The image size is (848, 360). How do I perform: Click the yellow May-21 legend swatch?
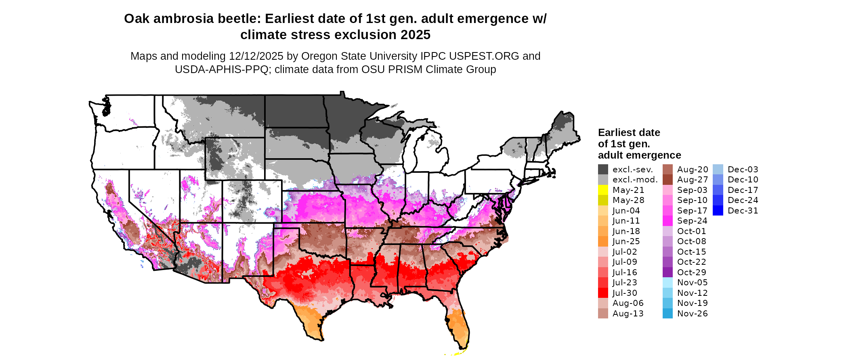pyautogui.click(x=603, y=190)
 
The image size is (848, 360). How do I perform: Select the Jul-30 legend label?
pyautogui.click(x=625, y=293)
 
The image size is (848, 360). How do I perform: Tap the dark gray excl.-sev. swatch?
pyautogui.click(x=603, y=170)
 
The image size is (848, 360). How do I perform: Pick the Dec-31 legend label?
pyautogui.click(x=743, y=211)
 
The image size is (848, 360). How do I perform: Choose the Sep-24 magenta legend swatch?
pyautogui.click(x=667, y=221)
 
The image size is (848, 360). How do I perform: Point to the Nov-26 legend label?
pyautogui.click(x=692, y=314)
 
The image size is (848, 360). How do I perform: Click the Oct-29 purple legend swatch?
pyautogui.click(x=667, y=272)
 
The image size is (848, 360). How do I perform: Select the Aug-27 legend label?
pyautogui.click(x=693, y=180)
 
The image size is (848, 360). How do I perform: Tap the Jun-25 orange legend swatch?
pyautogui.click(x=603, y=241)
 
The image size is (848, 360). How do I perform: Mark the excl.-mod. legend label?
pyautogui.click(x=635, y=180)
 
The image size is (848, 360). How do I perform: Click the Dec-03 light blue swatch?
pyautogui.click(x=718, y=170)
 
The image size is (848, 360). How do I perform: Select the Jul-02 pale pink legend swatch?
pyautogui.click(x=603, y=252)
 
